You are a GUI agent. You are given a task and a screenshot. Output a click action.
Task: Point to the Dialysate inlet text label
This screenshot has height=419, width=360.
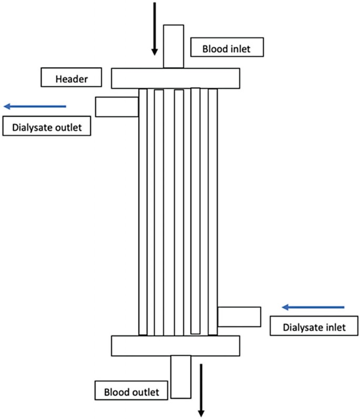point(314,326)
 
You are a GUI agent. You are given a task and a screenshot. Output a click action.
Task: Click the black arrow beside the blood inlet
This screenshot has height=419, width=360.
point(155,29)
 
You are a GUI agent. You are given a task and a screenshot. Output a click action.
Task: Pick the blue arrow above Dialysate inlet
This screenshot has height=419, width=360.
point(313,306)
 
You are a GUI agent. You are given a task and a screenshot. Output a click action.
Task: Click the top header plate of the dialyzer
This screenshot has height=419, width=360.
point(176,78)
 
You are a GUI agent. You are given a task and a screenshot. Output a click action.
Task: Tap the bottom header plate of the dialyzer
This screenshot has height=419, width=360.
point(176,345)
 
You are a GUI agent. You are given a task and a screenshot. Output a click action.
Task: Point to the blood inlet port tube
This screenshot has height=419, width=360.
point(173,46)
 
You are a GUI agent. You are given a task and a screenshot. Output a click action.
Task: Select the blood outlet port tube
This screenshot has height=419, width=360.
point(181,376)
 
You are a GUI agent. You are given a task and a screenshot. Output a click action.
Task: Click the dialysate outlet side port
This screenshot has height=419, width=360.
point(116,107)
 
